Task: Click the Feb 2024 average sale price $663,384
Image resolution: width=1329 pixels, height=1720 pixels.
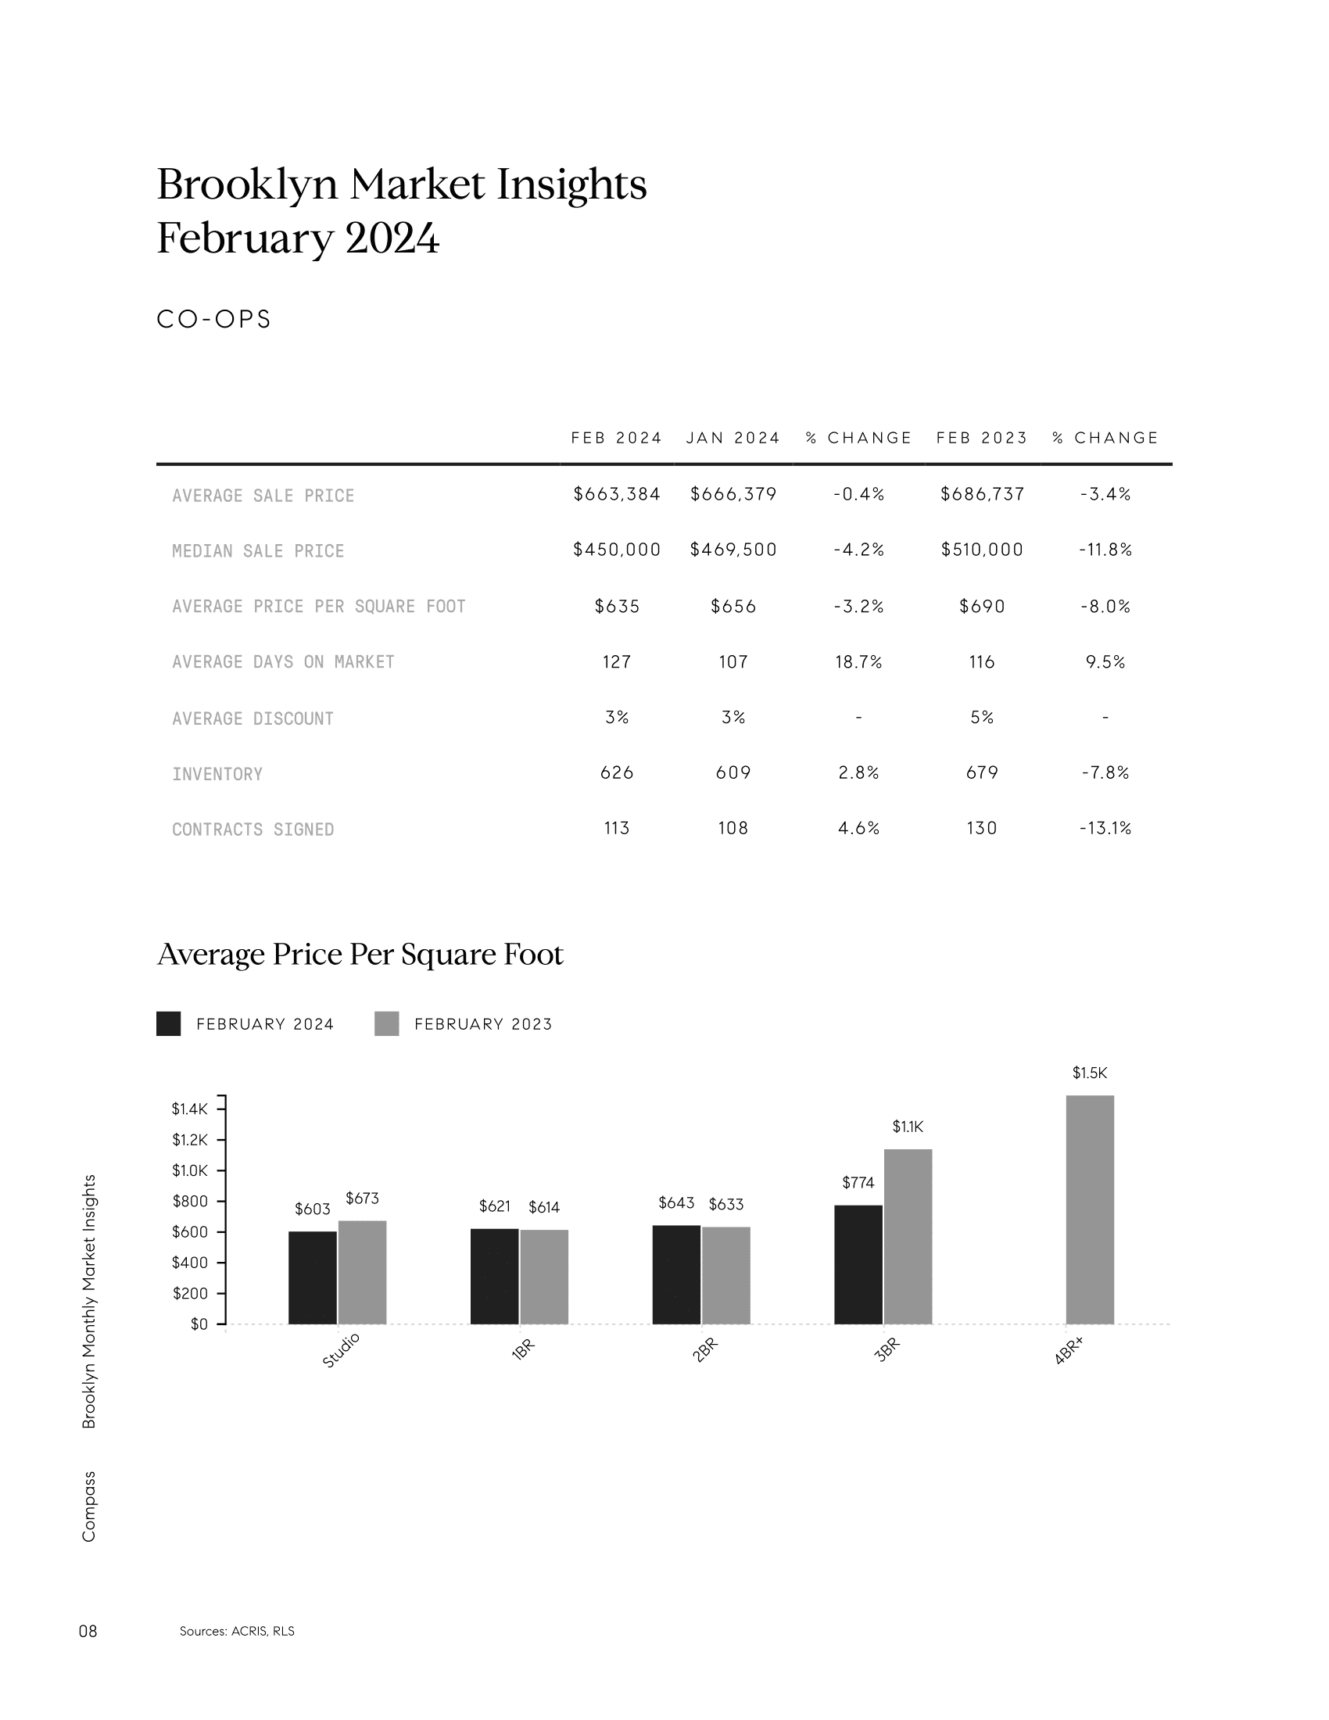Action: pyautogui.click(x=617, y=494)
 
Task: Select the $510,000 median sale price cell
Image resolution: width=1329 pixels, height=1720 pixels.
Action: pyautogui.click(x=982, y=550)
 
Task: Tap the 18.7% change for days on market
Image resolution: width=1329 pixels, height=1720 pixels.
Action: pyautogui.click(x=858, y=661)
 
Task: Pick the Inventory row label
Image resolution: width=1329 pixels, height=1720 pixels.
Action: pyautogui.click(x=217, y=774)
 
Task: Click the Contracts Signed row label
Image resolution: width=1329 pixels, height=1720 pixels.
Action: pyautogui.click(x=253, y=830)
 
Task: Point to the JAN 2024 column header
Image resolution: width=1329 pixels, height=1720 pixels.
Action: pyautogui.click(x=733, y=438)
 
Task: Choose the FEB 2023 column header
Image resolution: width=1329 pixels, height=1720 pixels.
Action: pyautogui.click(x=982, y=438)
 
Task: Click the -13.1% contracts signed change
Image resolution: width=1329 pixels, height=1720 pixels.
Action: pyautogui.click(x=1105, y=828)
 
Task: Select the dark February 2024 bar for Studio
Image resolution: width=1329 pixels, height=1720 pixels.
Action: pyautogui.click(x=313, y=1277)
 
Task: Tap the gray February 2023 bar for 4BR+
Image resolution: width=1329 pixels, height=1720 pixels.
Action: pyautogui.click(x=1090, y=1209)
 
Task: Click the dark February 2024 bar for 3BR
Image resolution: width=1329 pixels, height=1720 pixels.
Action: pyautogui.click(x=858, y=1265)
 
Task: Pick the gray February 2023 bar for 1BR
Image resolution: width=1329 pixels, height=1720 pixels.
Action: pyautogui.click(x=544, y=1277)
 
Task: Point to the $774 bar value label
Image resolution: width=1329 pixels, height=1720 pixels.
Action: pyautogui.click(x=858, y=1182)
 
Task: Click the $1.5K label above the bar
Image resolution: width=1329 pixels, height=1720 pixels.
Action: pyautogui.click(x=1090, y=1073)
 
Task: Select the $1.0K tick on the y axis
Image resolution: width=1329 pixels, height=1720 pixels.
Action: pyautogui.click(x=190, y=1170)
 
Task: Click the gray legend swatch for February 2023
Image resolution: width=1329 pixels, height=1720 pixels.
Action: pyautogui.click(x=386, y=1024)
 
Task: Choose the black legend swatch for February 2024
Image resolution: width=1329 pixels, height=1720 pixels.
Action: pyautogui.click(x=169, y=1024)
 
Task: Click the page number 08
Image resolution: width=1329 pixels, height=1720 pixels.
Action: pyautogui.click(x=88, y=1631)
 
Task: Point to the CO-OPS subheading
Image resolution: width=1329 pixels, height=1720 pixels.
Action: pyautogui.click(x=214, y=319)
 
